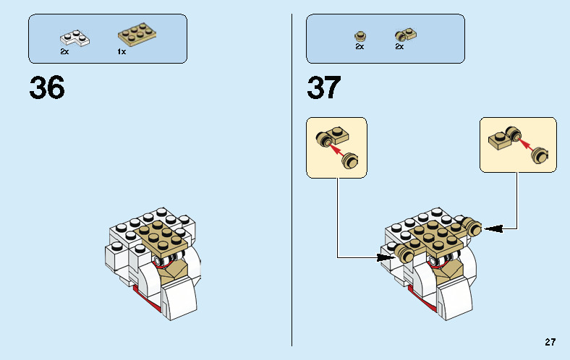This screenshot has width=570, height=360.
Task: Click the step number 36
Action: point(47,87)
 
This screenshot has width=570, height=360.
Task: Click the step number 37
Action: point(324,87)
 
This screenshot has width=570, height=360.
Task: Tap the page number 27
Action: point(550,342)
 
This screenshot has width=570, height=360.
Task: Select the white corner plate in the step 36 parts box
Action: point(75,38)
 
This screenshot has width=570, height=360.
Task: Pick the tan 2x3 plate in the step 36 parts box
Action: point(137,34)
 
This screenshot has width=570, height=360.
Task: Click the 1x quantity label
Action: point(122,52)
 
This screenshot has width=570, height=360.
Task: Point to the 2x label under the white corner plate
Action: point(64,51)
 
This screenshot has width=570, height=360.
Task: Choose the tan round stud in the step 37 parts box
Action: point(360,36)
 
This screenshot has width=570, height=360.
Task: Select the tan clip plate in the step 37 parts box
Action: point(406,35)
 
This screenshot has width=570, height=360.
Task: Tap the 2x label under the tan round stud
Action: point(360,46)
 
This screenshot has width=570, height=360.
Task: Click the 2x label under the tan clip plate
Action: point(399,46)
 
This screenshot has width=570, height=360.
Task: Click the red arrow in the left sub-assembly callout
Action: point(336,149)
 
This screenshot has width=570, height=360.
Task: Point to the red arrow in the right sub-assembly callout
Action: point(525,143)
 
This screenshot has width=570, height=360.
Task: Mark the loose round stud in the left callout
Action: point(349,160)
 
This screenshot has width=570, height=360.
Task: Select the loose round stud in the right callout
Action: point(539,155)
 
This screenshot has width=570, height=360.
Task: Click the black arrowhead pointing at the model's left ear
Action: point(386,257)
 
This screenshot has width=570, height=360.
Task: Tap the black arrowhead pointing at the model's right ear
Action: point(494,228)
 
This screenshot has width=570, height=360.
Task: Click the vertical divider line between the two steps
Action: point(292,180)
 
